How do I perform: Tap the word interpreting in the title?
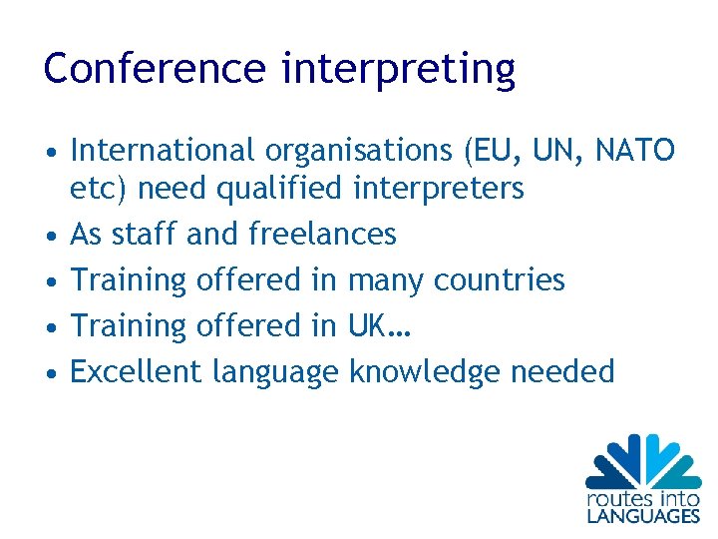tap(399, 70)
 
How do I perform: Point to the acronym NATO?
tap(634, 151)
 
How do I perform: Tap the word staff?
tap(145, 234)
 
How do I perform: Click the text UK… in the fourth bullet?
tap(379, 325)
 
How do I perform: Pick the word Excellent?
tap(138, 371)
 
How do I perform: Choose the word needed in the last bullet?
tap(562, 371)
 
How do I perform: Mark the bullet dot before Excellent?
tap(49, 373)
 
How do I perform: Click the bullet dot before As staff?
tap(49, 236)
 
